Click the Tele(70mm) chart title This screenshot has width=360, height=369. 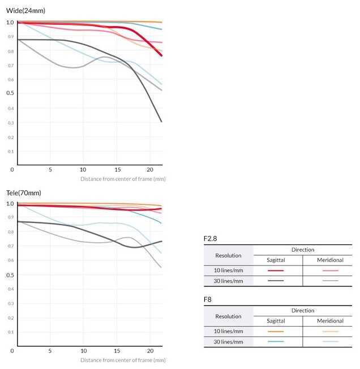(x=24, y=192)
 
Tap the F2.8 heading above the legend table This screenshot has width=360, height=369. (x=211, y=239)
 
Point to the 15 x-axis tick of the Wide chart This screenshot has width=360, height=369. (x=117, y=169)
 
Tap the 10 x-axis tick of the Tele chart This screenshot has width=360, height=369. (x=83, y=351)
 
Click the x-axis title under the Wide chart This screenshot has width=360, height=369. (x=123, y=179)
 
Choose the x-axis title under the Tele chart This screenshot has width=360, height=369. (x=123, y=360)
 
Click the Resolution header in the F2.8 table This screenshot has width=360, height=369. (x=228, y=255)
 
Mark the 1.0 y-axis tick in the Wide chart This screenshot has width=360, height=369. (x=10, y=23)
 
